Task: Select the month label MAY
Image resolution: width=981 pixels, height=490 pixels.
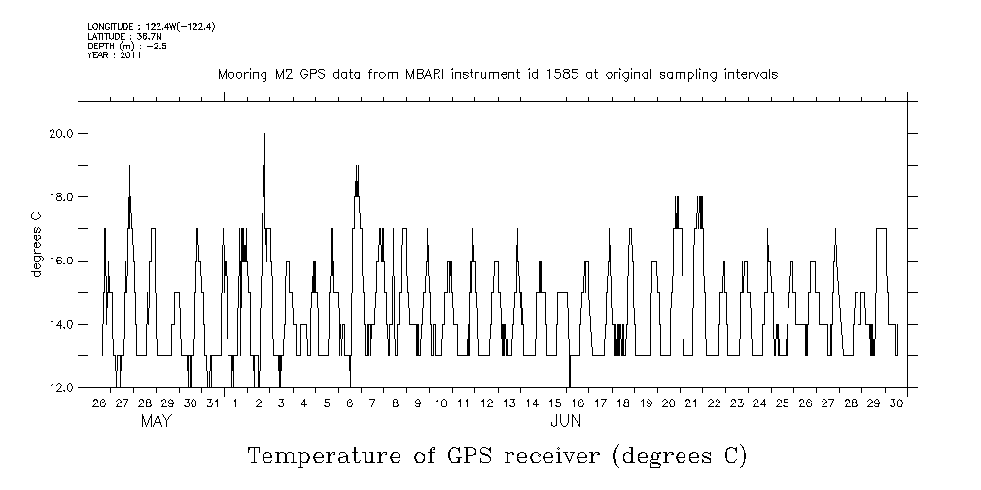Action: pyautogui.click(x=157, y=422)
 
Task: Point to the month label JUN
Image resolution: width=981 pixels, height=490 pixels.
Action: pyautogui.click(x=566, y=422)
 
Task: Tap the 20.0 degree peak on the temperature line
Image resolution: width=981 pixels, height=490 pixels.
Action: pyautogui.click(x=264, y=134)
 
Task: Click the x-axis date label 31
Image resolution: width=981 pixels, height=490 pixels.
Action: pyautogui.click(x=212, y=403)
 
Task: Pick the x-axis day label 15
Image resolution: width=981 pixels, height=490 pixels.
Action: pyautogui.click(x=554, y=403)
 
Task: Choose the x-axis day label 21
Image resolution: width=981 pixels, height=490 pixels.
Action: pyautogui.click(x=691, y=403)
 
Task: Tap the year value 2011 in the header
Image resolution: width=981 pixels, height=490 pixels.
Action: pyautogui.click(x=131, y=55)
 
